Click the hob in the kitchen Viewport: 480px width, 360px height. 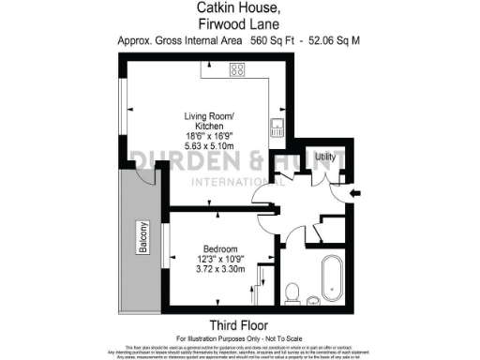[237, 70]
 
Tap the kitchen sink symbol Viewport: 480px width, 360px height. [278, 125]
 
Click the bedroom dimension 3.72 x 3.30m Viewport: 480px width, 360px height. [220, 268]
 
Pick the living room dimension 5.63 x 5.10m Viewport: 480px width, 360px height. [209, 145]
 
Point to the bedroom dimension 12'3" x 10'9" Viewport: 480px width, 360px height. [220, 258]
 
